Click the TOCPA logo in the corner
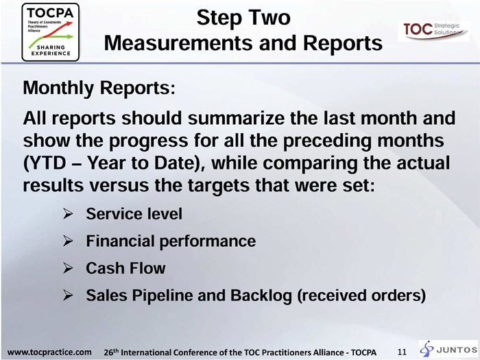click(51, 32)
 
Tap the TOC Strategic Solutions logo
click(433, 31)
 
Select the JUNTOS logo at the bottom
click(448, 349)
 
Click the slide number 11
click(402, 352)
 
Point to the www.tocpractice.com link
click(49, 352)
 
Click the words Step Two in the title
click(243, 17)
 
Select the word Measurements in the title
click(179, 43)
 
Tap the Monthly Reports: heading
click(99, 88)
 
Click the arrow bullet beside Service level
click(68, 214)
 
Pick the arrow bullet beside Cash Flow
click(68, 268)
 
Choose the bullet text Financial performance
click(171, 241)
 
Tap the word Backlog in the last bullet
click(261, 296)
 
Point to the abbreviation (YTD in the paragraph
click(45, 163)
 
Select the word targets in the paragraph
click(219, 186)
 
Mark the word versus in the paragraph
click(119, 186)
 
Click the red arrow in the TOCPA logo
click(58, 29)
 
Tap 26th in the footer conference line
click(111, 352)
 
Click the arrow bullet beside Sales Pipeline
click(68, 296)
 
